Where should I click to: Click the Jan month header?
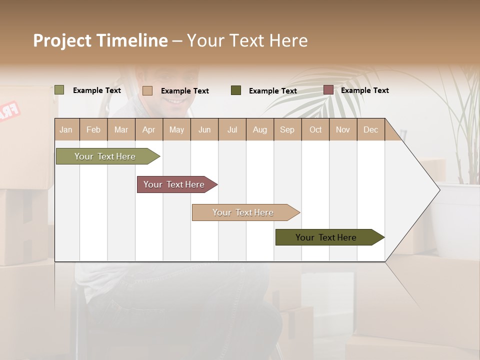[66, 130]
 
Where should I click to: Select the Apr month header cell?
[149, 130]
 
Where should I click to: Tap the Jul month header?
[232, 130]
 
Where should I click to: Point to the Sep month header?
[287, 130]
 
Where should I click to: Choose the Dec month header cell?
[370, 130]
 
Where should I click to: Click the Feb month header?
[93, 130]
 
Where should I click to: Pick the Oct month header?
[315, 130]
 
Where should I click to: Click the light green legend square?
[59, 90]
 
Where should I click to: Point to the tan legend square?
[147, 90]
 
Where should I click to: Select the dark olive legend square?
[236, 90]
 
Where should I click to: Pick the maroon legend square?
[328, 90]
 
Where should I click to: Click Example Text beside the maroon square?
[364, 90]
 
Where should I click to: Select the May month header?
[176, 130]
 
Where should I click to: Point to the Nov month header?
[343, 130]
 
